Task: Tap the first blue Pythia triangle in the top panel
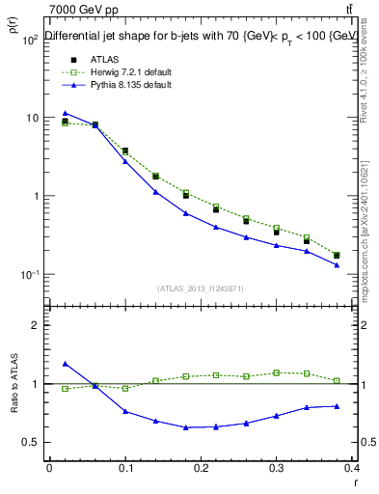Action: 65,113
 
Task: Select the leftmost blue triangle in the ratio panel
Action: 65,364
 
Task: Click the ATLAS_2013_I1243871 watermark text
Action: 200,289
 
